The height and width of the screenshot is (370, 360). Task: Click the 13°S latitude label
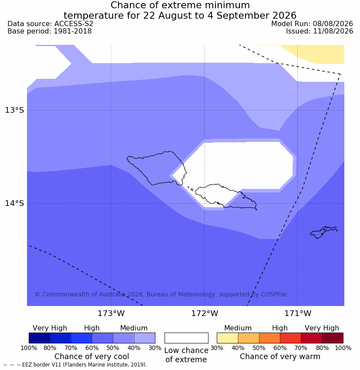[14, 110]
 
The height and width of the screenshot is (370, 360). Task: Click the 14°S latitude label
[14, 203]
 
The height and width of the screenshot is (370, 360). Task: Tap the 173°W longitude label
[111, 313]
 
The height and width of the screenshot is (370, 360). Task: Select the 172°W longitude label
[205, 313]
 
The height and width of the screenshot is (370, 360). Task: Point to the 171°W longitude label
[298, 313]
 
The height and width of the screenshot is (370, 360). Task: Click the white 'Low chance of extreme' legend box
[186, 338]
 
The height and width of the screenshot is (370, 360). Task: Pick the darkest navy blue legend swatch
[40, 338]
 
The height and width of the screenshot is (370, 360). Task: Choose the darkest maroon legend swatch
[333, 338]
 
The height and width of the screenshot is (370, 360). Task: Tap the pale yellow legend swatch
[227, 338]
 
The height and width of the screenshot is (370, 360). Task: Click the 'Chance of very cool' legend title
[92, 357]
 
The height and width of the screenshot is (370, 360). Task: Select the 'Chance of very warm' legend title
[280, 357]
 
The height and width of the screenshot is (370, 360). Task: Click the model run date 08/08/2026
[333, 24]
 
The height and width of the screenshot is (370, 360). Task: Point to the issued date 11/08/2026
[333, 31]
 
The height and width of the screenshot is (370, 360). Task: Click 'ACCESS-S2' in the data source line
[74, 24]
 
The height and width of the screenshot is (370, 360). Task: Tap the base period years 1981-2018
[73, 31]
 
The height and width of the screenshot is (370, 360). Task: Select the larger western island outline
[157, 168]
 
